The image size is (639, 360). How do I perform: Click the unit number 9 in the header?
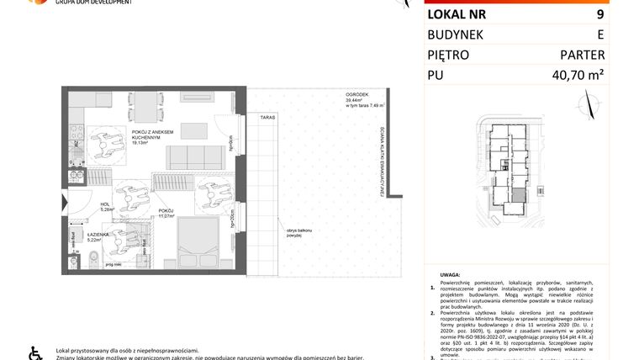tap(599, 13)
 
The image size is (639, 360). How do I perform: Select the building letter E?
tap(599, 34)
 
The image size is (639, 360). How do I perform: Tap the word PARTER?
tap(583, 56)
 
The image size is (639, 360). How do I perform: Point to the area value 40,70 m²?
tap(572, 77)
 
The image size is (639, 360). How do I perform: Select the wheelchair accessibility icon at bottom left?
tap(34, 352)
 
